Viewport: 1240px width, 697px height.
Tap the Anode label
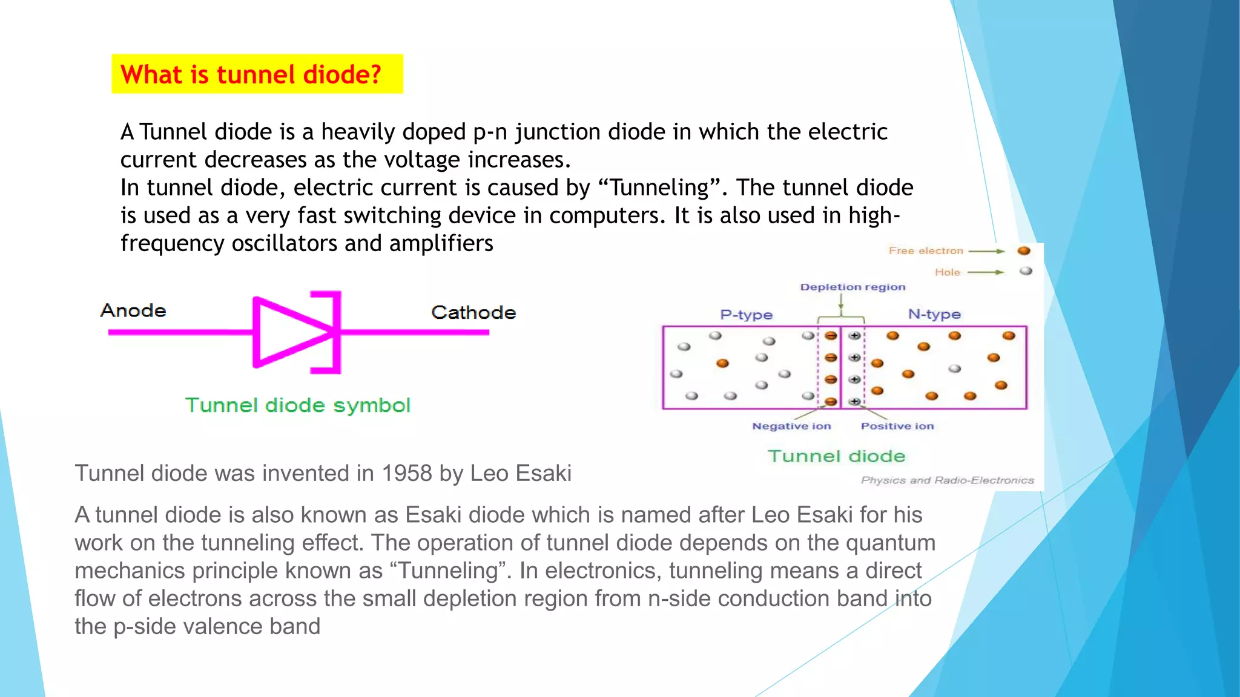click(133, 310)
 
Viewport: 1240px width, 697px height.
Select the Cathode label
click(473, 312)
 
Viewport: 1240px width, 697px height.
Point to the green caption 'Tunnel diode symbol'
click(298, 405)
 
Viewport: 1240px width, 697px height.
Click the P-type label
click(746, 315)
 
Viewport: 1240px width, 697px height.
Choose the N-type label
click(934, 314)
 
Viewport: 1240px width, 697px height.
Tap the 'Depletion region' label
click(852, 287)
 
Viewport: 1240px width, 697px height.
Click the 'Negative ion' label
click(791, 426)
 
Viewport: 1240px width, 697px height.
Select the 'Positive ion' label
click(897, 426)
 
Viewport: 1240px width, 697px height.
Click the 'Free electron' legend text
click(925, 250)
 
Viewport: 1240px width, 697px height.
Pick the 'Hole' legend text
click(947, 272)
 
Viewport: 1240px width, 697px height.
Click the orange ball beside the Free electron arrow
click(1024, 250)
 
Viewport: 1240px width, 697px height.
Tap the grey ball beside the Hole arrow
click(1026, 271)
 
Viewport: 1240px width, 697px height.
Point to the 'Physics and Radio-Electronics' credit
click(947, 480)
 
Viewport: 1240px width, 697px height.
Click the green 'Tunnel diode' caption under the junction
click(836, 456)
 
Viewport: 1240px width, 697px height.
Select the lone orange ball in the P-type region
click(722, 363)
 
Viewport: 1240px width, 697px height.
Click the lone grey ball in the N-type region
click(955, 368)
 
